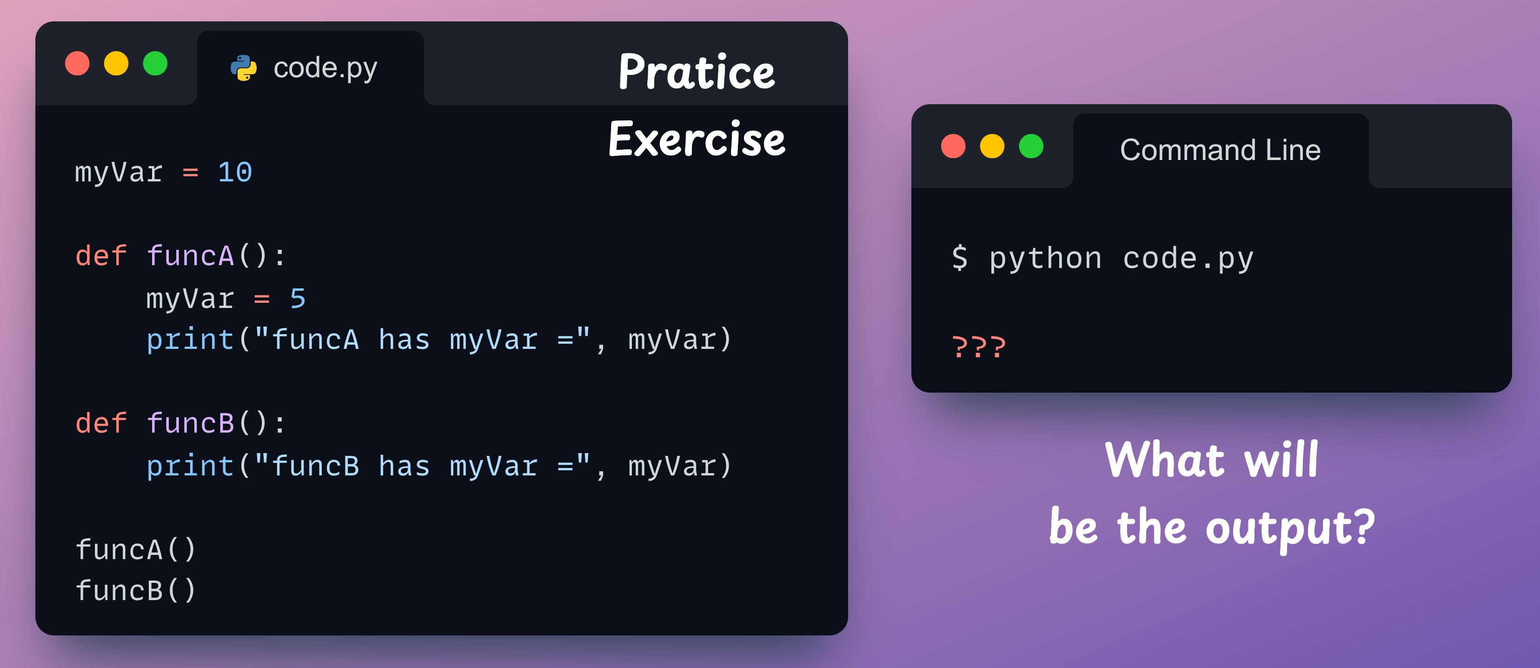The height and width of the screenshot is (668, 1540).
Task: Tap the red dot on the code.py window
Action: (77, 63)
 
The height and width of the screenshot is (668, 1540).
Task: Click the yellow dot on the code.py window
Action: (116, 63)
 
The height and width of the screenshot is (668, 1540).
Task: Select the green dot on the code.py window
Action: (155, 63)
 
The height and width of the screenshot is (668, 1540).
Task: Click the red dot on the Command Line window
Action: (953, 147)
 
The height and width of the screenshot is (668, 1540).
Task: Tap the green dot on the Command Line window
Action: (1031, 147)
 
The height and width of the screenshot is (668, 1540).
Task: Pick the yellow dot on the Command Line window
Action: (992, 147)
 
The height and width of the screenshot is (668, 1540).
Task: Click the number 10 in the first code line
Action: (235, 172)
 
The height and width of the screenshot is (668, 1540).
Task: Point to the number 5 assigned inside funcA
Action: (298, 299)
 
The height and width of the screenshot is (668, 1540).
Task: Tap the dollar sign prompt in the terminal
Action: (960, 258)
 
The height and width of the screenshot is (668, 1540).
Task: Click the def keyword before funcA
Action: (101, 256)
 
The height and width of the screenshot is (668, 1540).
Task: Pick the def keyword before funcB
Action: (101, 423)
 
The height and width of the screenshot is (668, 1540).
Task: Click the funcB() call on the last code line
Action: (136, 591)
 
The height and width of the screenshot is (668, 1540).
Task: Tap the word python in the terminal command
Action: (1045, 258)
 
